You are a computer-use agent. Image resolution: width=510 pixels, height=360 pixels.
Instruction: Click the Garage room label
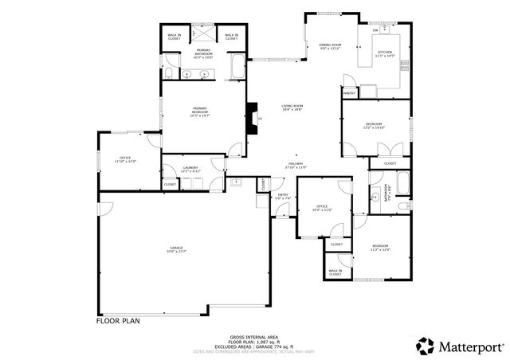tap(175, 249)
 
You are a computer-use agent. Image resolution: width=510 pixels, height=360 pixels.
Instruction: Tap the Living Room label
tap(292, 108)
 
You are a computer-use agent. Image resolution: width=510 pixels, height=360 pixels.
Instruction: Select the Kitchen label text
tap(386, 54)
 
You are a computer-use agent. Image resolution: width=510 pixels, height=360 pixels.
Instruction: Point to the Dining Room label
tap(330, 46)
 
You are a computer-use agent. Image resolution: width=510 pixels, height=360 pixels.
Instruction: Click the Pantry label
tap(348, 93)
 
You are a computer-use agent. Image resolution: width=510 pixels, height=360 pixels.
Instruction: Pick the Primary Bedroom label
tap(199, 112)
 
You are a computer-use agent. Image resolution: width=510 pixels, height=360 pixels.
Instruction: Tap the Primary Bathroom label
tap(199, 54)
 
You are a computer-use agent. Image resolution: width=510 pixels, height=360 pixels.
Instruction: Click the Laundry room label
tap(190, 169)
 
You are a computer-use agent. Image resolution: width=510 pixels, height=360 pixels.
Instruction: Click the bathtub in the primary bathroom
tap(237, 68)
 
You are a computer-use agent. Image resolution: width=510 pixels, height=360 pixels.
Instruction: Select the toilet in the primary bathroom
tap(168, 74)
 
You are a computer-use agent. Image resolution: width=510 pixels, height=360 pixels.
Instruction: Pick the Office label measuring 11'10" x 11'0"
tap(125, 159)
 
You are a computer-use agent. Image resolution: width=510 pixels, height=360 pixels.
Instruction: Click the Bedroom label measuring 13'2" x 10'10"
tap(375, 126)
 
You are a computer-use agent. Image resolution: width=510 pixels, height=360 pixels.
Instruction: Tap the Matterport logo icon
tap(426, 346)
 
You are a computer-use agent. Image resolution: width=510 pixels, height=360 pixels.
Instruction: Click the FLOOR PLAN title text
tap(119, 322)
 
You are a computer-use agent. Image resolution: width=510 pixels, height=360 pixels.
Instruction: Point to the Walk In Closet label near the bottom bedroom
tap(335, 272)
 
